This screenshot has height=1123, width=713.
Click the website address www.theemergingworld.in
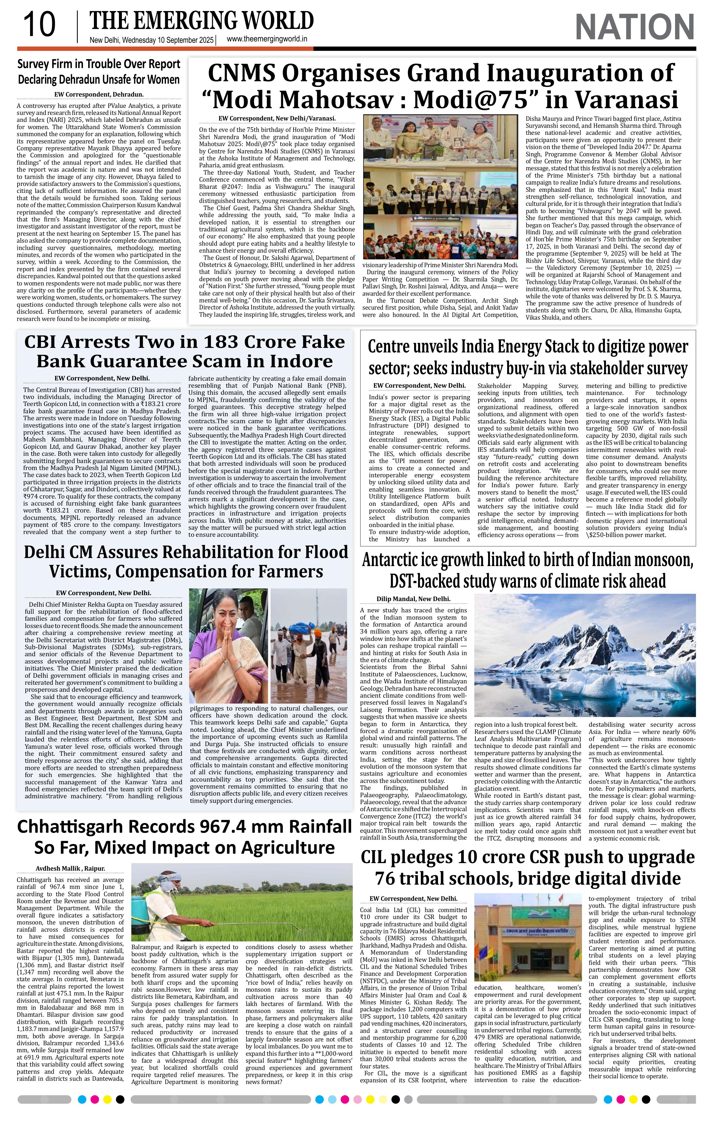tap(267, 40)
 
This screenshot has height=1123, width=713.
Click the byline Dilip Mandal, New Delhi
tap(413, 599)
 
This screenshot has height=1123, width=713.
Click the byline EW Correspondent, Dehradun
tap(98, 94)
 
